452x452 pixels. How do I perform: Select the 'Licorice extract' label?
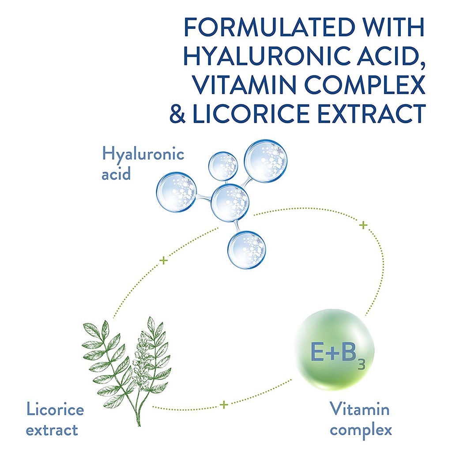point(55,419)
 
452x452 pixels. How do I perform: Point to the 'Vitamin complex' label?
point(360,419)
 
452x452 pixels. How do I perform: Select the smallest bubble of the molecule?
point(223,166)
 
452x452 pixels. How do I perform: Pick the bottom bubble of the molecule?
point(247,249)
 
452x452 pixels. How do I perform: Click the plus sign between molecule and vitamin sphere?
point(363,225)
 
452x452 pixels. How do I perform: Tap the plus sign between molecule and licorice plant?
point(164,260)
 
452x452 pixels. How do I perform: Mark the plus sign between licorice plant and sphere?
point(224,404)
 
